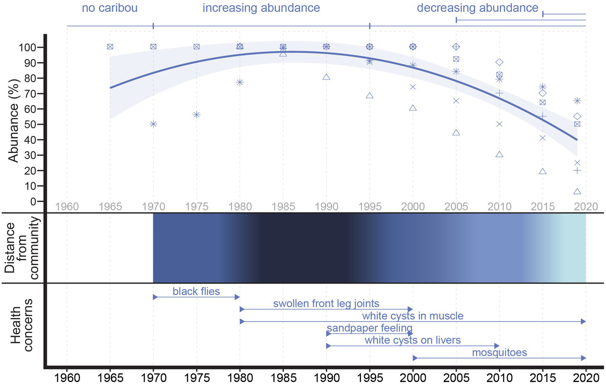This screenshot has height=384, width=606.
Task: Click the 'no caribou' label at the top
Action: pos(109,8)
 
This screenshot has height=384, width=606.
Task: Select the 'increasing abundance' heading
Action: pos(261,8)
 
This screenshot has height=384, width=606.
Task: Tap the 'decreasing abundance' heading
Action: pos(477,8)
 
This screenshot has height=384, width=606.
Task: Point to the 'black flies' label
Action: pos(196,291)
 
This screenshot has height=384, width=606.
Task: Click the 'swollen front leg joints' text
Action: pos(326,303)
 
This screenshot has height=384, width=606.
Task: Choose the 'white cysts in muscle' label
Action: pos(413,316)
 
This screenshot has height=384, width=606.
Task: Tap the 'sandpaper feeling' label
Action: pos(370,328)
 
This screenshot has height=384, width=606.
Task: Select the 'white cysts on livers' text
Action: pos(413,340)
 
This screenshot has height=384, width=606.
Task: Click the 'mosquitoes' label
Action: pos(499,352)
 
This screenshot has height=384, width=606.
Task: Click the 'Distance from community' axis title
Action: pos(22,248)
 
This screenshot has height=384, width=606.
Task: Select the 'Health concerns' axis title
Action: pos(21,325)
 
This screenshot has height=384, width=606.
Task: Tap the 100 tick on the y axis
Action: pos(27,47)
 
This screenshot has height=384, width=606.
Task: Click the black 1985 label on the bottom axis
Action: pos(283,377)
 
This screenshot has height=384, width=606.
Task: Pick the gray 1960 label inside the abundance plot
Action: pos(67,206)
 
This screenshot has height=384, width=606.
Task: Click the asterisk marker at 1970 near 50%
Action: pos(153,124)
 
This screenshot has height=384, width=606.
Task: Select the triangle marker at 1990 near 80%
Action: pos(326,77)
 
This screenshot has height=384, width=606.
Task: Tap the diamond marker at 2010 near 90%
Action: pos(499,62)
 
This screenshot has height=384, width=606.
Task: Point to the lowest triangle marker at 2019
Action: pos(577,192)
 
